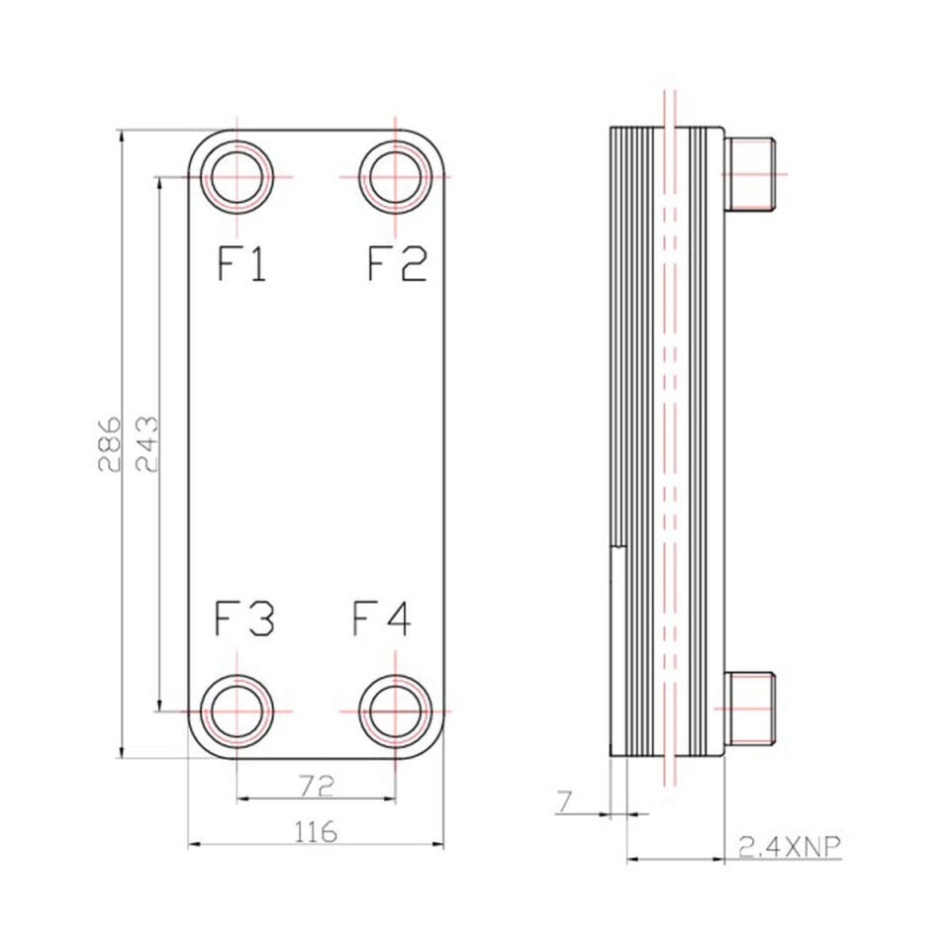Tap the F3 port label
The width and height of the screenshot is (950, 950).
pyautogui.click(x=244, y=617)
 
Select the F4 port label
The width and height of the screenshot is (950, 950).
pyautogui.click(x=382, y=617)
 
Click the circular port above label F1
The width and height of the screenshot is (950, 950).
pyautogui.click(x=237, y=142)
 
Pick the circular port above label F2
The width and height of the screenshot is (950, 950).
pyautogui.click(x=395, y=142)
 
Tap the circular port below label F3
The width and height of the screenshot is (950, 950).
pyautogui.click(x=237, y=676)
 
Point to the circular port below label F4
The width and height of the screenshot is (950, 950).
pyautogui.click(x=395, y=676)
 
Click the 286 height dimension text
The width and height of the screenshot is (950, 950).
pyautogui.click(x=109, y=443)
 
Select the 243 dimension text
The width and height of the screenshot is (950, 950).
pyautogui.click(x=146, y=443)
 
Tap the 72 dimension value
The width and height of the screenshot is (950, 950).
pyautogui.click(x=317, y=786)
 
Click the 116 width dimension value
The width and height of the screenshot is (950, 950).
pyautogui.click(x=316, y=832)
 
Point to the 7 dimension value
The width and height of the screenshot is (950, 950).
pyautogui.click(x=565, y=802)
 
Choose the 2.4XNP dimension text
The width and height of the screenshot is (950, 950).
pyautogui.click(x=790, y=846)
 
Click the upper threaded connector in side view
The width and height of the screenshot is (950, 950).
pyautogui.click(x=750, y=174)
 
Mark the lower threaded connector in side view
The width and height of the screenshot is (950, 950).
pyautogui.click(x=750, y=709)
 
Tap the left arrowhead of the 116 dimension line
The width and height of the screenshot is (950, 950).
pyautogui.click(x=193, y=843)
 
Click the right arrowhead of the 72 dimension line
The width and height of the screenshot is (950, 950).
pyautogui.click(x=390, y=800)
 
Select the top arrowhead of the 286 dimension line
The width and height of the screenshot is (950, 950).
pyautogui.click(x=122, y=136)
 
